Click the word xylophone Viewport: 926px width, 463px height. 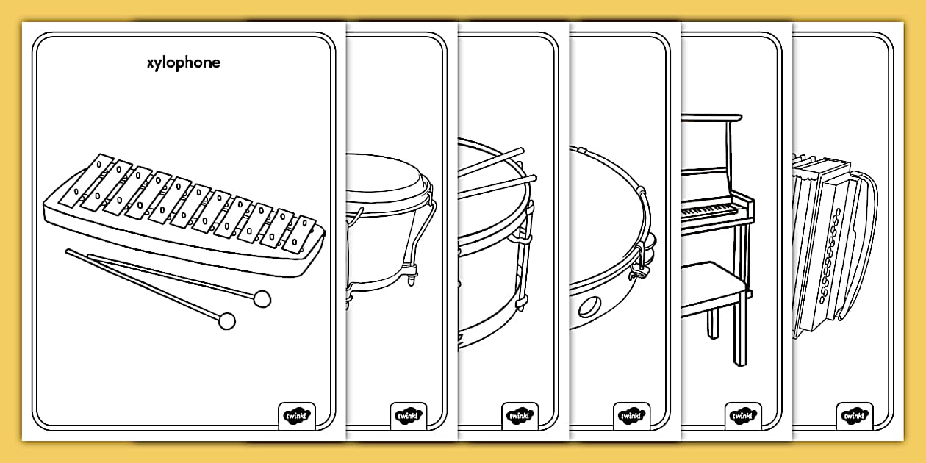(183, 63)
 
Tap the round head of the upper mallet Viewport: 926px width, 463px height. (262, 298)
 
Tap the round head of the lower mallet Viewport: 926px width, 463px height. (227, 320)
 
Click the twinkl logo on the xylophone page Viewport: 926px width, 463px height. (297, 416)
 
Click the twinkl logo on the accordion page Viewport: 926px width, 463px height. (855, 416)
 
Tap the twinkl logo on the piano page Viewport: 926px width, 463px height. (743, 416)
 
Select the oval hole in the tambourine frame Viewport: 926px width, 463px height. (591, 306)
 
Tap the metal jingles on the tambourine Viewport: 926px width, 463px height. (646, 254)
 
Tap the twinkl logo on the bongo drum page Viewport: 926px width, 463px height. (408, 416)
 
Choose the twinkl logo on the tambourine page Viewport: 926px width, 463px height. (631, 416)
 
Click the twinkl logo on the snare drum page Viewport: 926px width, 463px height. (520, 416)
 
